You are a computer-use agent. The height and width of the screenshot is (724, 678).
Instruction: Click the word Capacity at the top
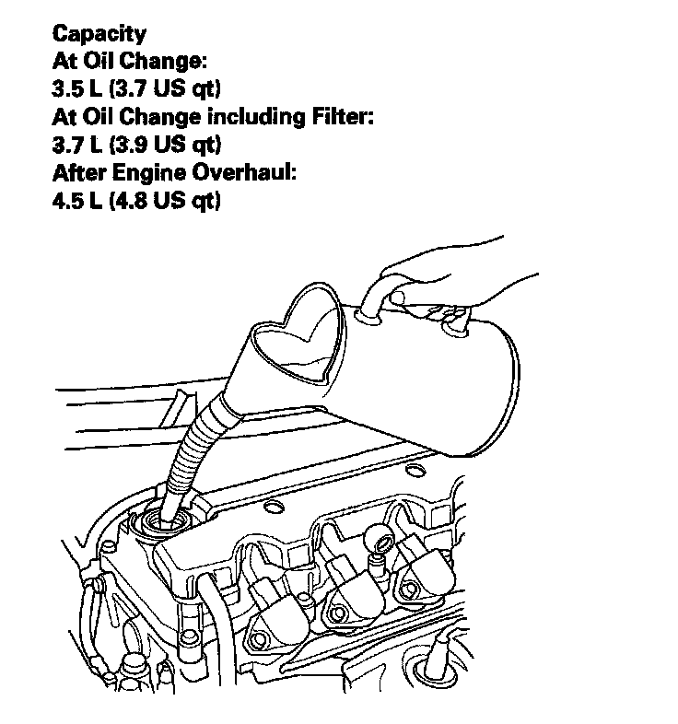[x=99, y=35]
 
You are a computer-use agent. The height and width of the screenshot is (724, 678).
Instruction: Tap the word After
[x=77, y=173]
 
